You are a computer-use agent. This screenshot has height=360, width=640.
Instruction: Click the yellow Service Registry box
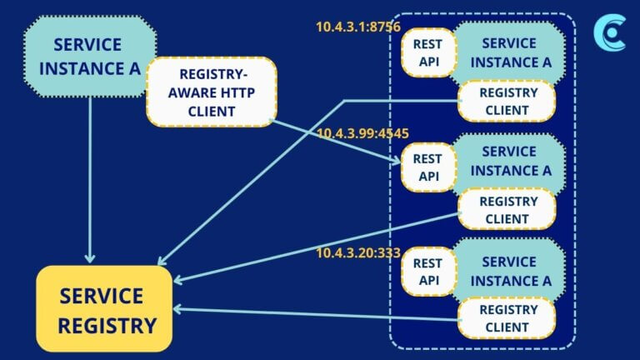point(104,308)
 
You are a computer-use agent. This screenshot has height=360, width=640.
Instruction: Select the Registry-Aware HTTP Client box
point(212,92)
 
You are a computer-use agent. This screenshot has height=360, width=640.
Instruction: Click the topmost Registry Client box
point(507,101)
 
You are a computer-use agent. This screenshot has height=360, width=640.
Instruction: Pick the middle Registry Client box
point(507,209)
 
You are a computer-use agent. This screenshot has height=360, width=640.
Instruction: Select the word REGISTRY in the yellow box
point(107,324)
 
